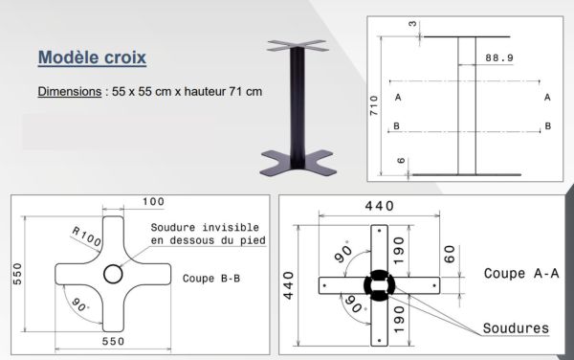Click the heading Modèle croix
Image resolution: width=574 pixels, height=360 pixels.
pos(92,57)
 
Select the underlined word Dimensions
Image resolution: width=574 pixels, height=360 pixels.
pos(70,92)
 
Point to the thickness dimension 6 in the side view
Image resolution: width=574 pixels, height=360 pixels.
pos(400,163)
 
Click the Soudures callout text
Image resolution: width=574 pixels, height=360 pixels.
pos(517,328)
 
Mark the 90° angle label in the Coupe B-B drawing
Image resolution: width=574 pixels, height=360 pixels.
pos(82,306)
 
